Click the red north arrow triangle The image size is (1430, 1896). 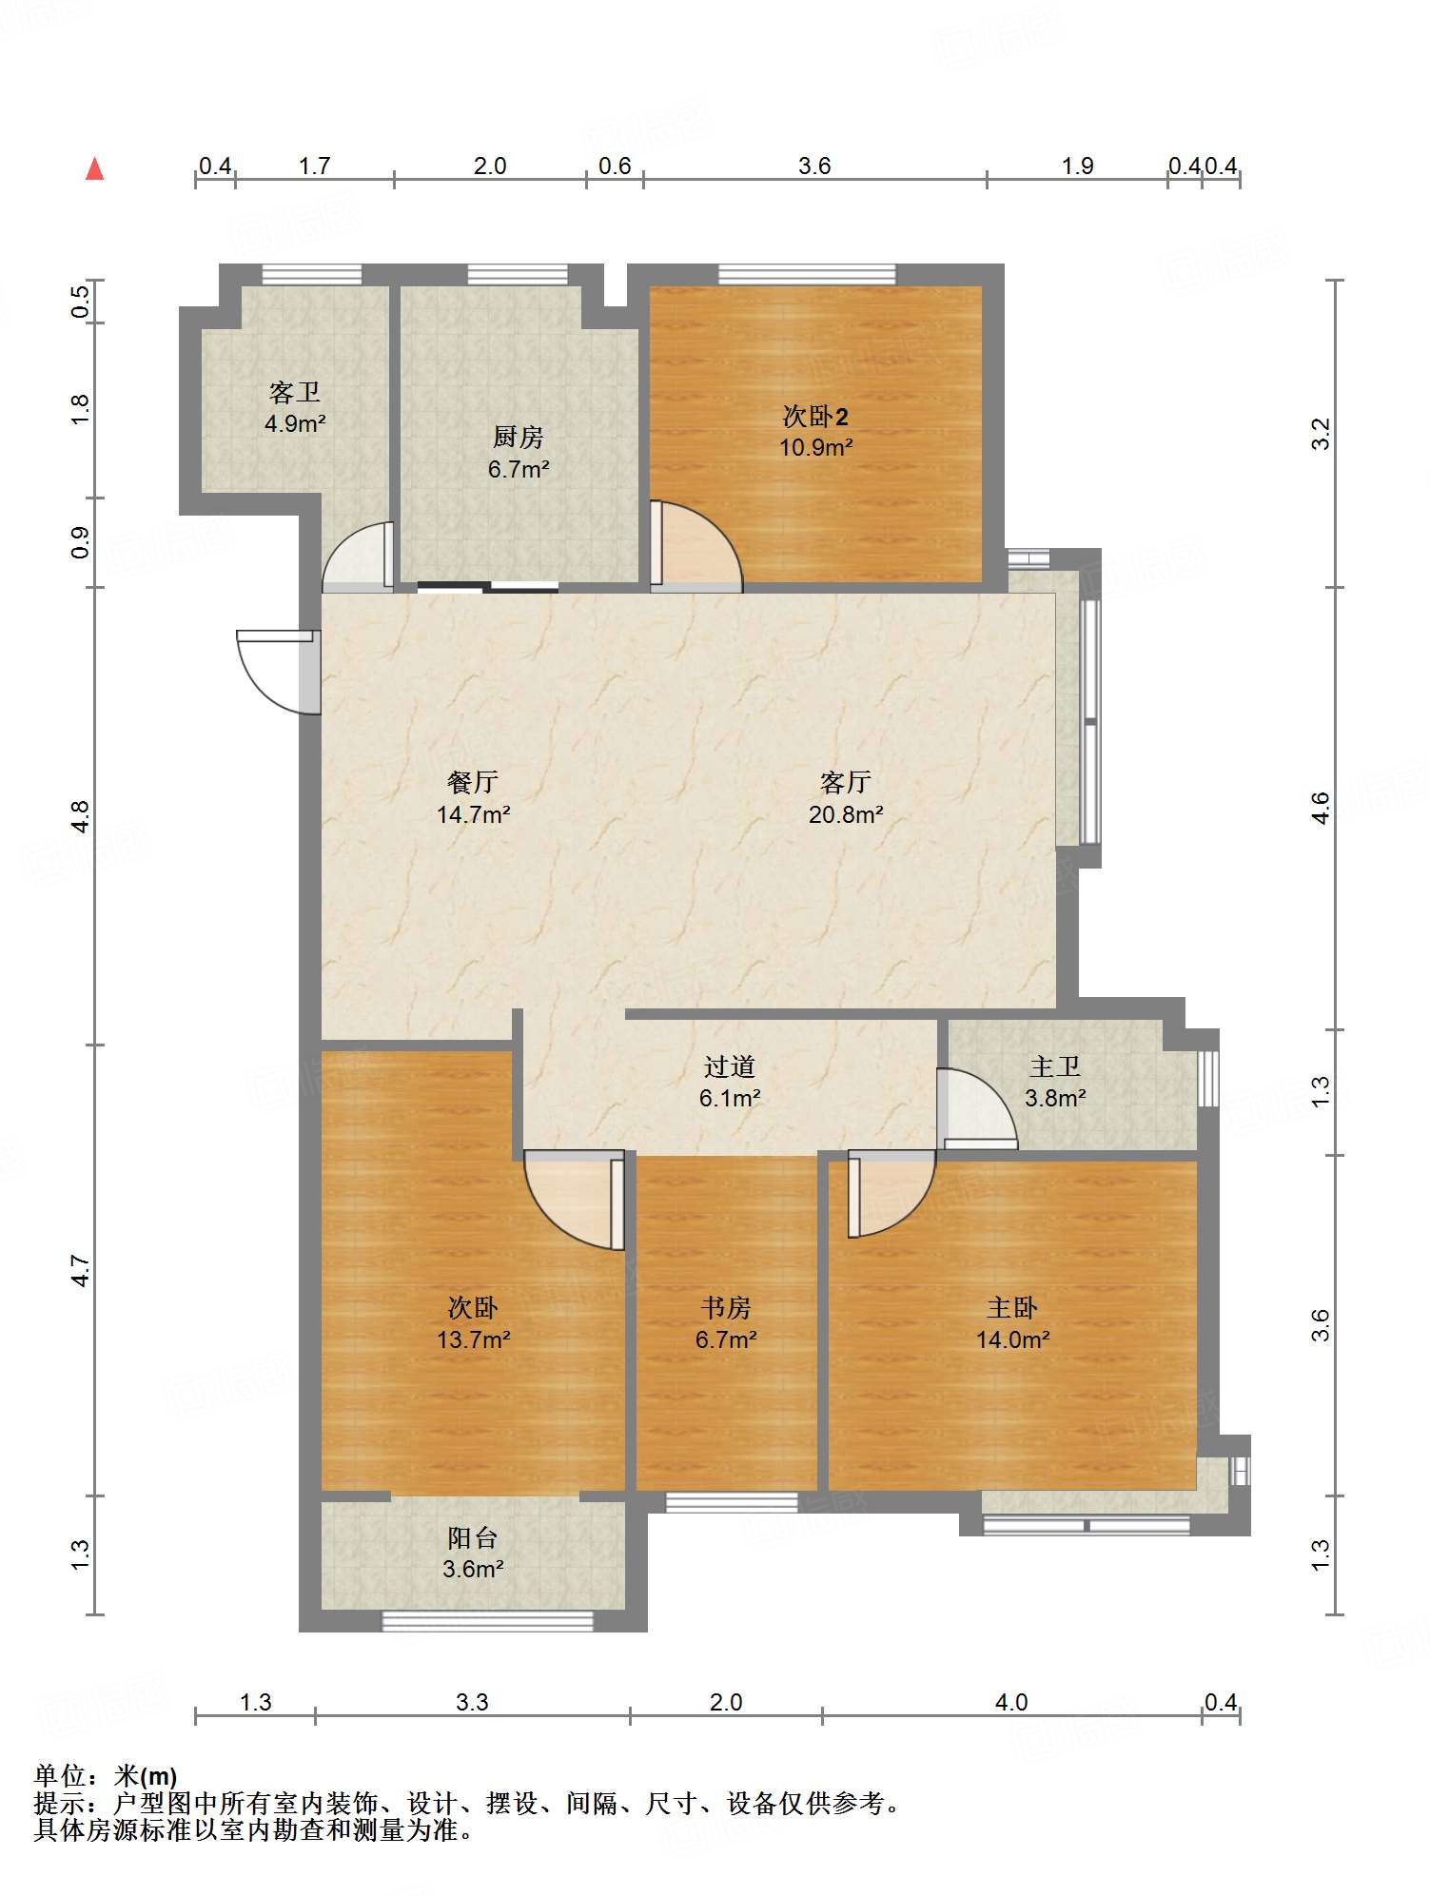(x=95, y=168)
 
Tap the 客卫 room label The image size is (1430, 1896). (x=295, y=392)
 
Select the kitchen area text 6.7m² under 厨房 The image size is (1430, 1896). (x=519, y=469)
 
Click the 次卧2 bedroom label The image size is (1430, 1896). (x=815, y=416)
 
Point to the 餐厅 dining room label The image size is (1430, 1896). (x=473, y=782)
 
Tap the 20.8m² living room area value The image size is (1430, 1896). (x=846, y=814)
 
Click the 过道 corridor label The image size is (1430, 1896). (x=730, y=1066)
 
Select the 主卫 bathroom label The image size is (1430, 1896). (x=1055, y=1066)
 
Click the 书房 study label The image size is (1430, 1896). (x=726, y=1308)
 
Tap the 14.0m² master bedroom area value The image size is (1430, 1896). (x=1013, y=1339)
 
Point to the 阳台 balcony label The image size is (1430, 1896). (x=473, y=1537)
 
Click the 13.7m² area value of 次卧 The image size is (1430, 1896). (x=474, y=1339)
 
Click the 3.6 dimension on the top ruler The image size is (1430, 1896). (x=814, y=166)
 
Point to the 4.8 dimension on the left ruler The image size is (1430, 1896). (x=80, y=817)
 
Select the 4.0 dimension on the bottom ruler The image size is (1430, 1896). (x=1011, y=1702)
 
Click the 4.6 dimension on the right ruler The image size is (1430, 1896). (x=1321, y=808)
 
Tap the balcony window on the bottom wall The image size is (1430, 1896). (x=488, y=1621)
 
